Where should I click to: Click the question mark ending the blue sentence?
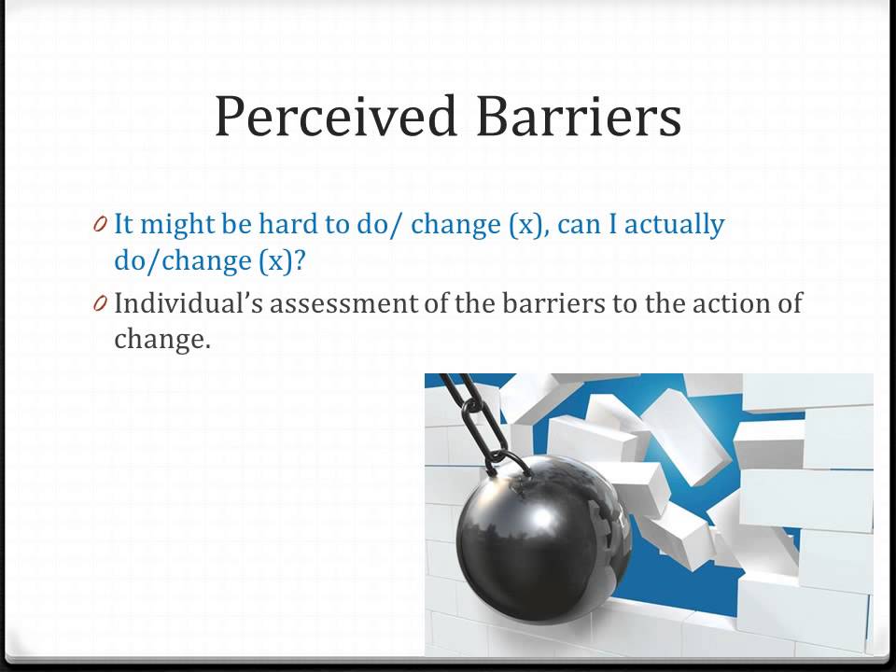(299, 261)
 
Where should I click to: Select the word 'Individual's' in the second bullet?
(189, 302)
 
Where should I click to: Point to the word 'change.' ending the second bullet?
(162, 339)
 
